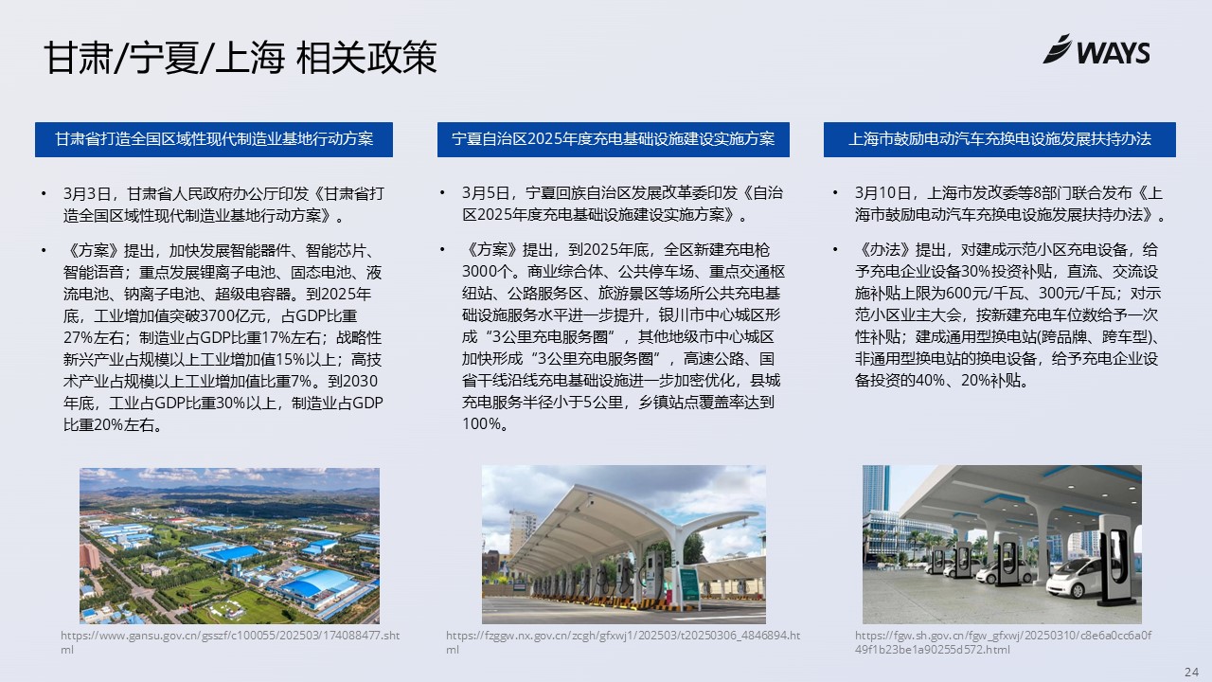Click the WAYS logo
point(1096,50)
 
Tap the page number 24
point(1191,672)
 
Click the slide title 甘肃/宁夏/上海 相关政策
point(241,58)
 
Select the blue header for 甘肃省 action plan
point(214,139)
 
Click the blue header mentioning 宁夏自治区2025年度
point(613,139)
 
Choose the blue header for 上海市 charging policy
point(999,139)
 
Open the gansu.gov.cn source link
point(230,642)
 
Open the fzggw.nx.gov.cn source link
point(623,642)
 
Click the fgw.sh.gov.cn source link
point(1003,642)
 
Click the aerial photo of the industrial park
point(229,546)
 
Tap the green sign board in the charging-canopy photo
point(688,584)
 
